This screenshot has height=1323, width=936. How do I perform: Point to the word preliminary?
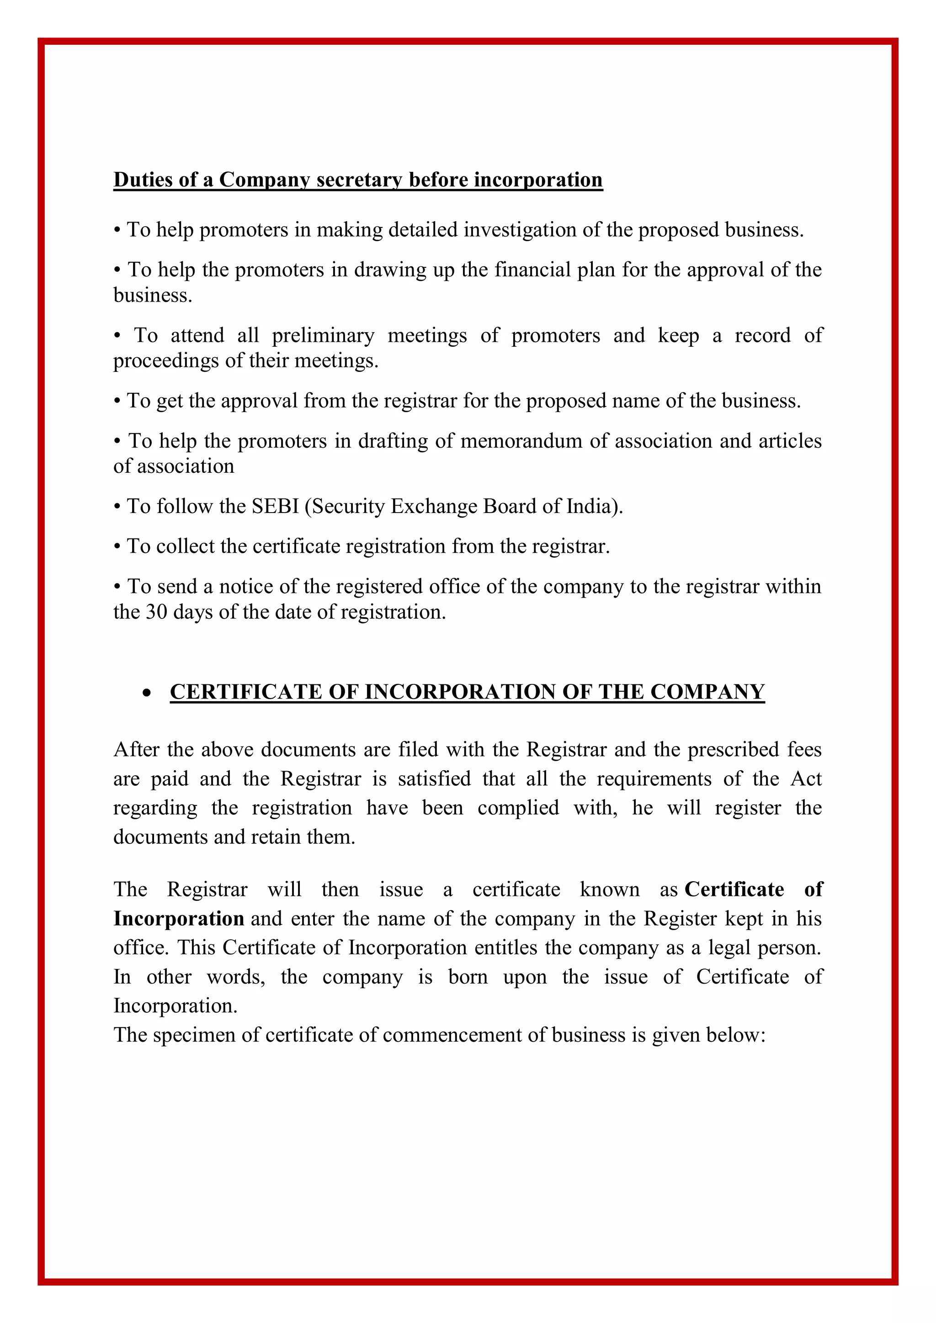click(x=323, y=335)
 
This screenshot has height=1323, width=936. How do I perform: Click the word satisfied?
click(x=434, y=779)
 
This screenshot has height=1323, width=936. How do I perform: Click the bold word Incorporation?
click(x=179, y=919)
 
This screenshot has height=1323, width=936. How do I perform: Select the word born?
click(x=468, y=977)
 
